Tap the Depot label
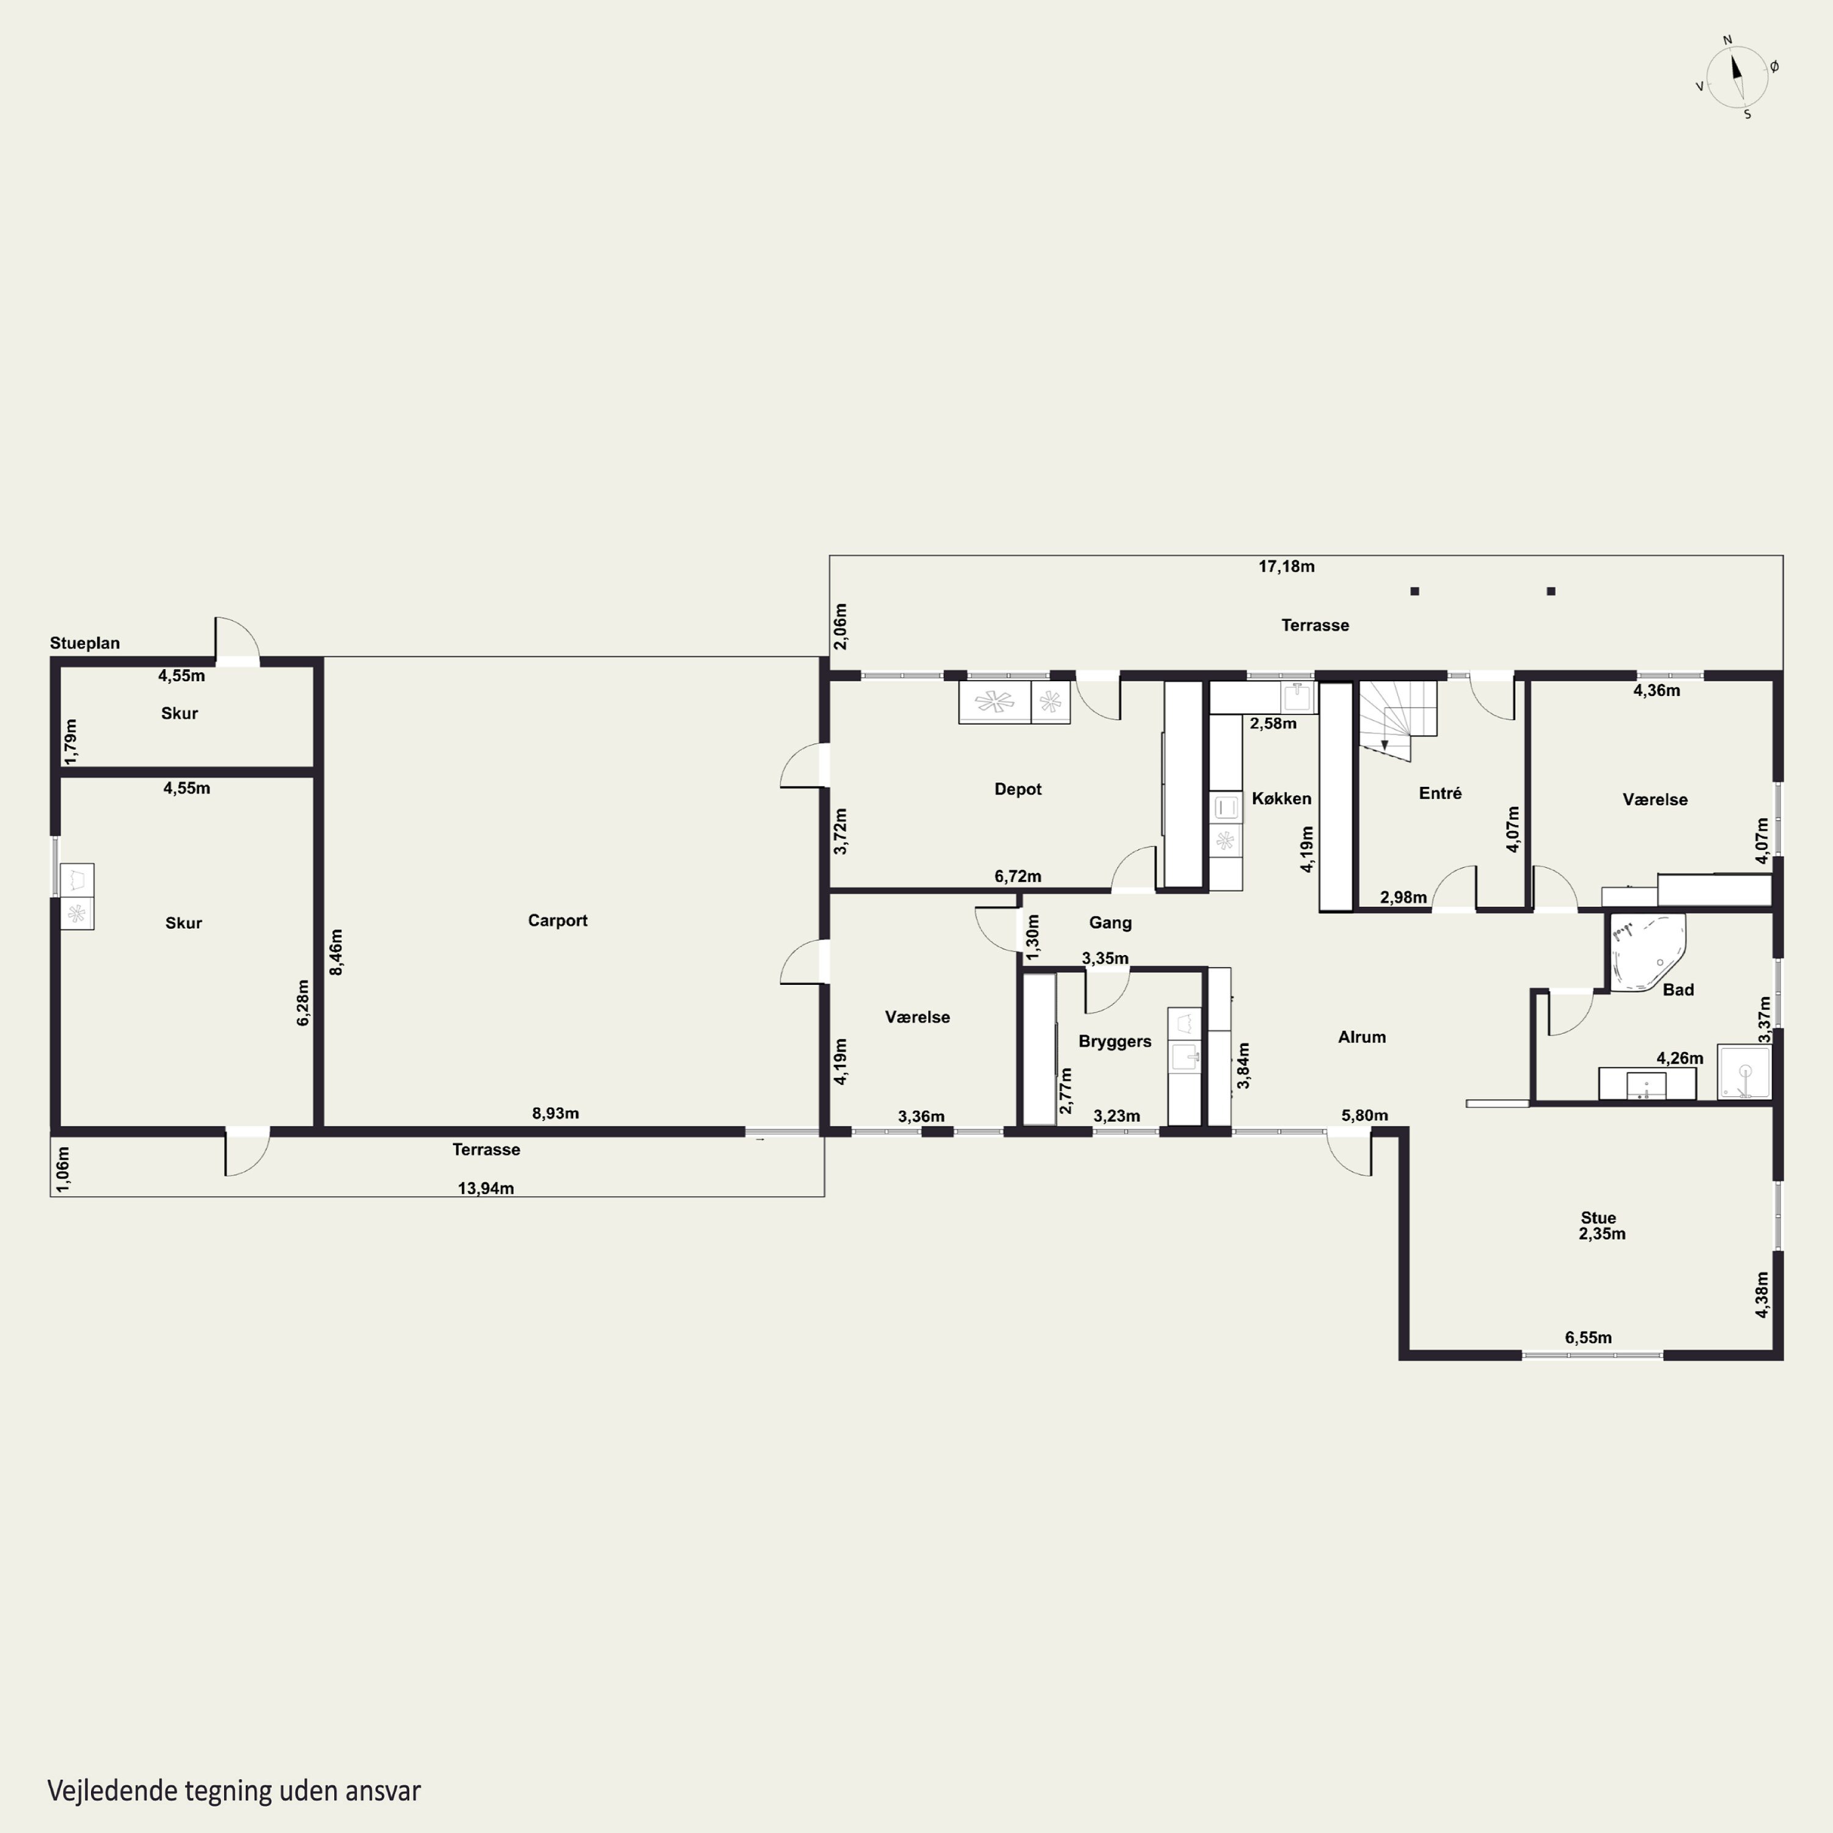pos(1017,789)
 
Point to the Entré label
pos(1440,793)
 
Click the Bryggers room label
pos(1115,1042)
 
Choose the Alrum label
pos(1361,1037)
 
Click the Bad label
pos(1678,990)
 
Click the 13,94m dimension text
pos(486,1189)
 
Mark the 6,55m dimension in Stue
pos(1588,1337)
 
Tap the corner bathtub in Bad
pos(1648,953)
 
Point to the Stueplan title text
pos(84,643)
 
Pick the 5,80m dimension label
pos(1364,1116)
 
